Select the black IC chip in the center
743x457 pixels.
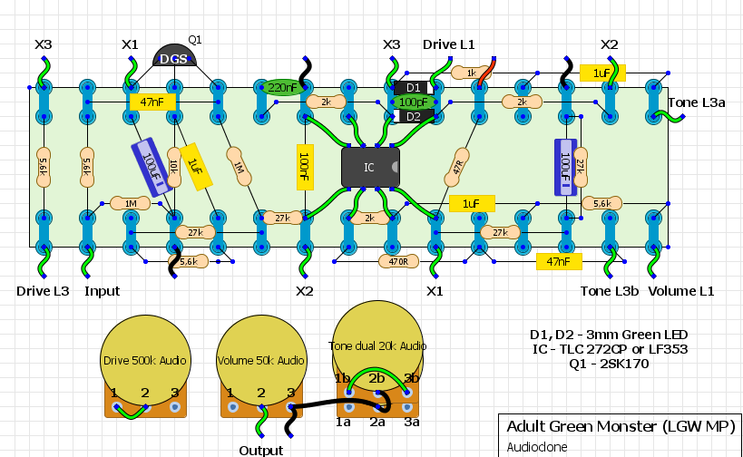(x=370, y=167)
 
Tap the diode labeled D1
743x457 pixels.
(x=414, y=88)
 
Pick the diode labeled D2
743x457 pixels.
(x=414, y=116)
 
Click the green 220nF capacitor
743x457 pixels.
(x=282, y=88)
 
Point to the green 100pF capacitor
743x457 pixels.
(x=413, y=102)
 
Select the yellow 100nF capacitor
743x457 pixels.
(x=305, y=167)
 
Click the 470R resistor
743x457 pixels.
(x=399, y=261)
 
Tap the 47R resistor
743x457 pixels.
(x=457, y=167)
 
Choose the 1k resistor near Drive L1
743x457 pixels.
(x=471, y=73)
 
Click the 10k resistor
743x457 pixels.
(x=174, y=167)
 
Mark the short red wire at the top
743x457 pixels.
(x=486, y=72)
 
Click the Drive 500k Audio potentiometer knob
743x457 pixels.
(x=145, y=360)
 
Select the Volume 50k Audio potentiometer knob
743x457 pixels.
(x=261, y=360)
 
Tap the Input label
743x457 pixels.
(x=102, y=291)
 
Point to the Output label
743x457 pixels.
(x=261, y=450)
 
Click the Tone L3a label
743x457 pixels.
(x=697, y=102)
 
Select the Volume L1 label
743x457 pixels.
(x=681, y=291)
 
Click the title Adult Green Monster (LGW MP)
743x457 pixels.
(x=621, y=427)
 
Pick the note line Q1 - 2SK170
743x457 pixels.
(x=609, y=364)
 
